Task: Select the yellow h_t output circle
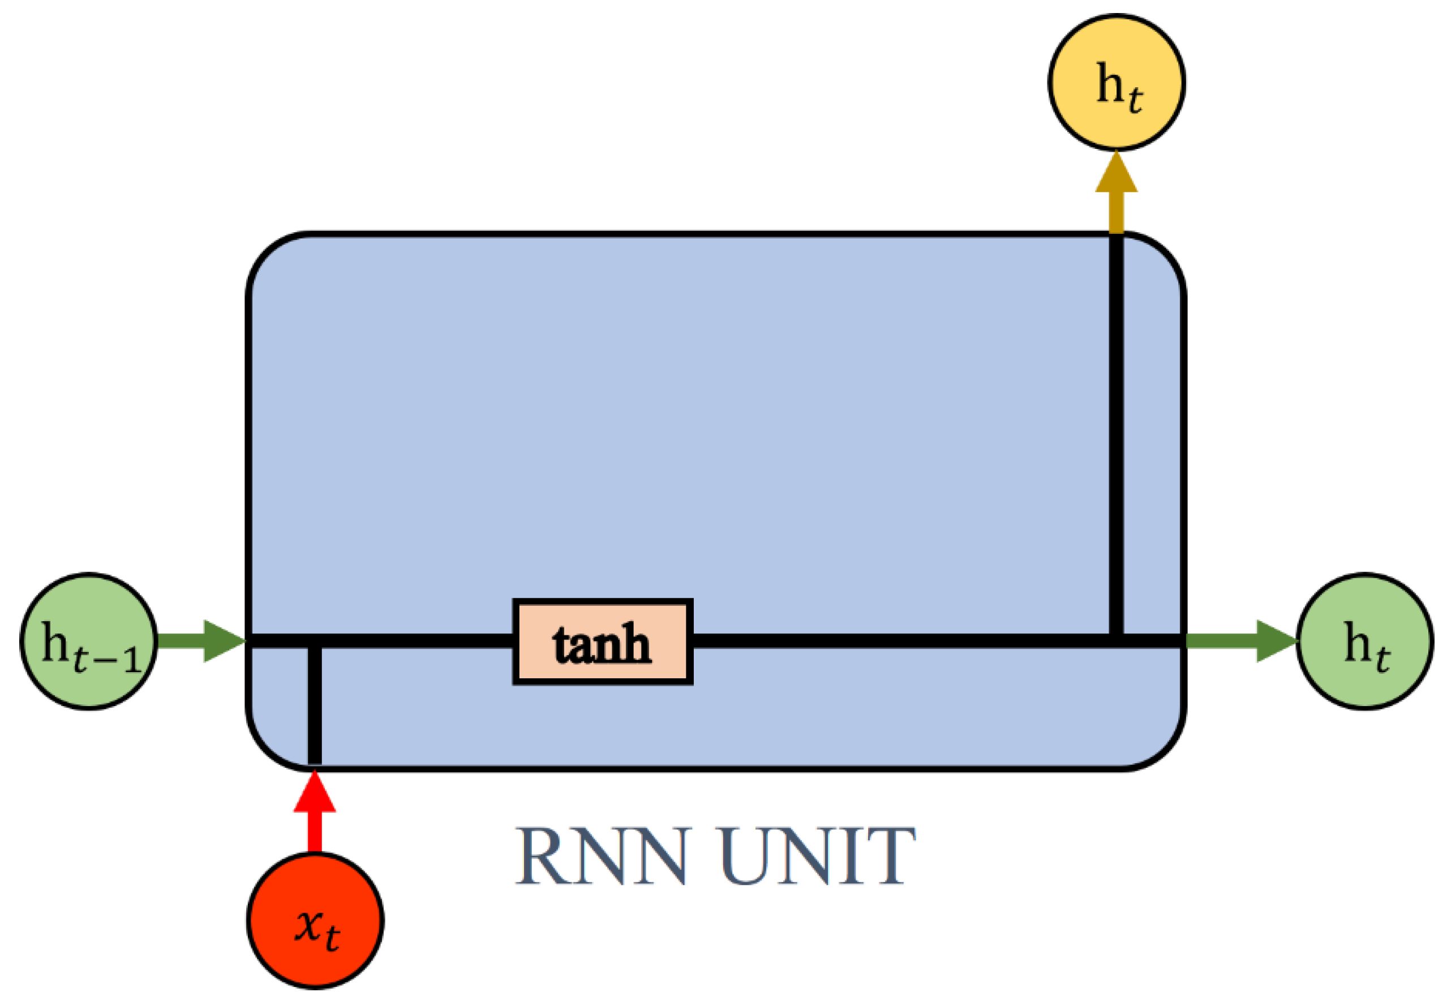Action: point(1116,83)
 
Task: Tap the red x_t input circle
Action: point(315,920)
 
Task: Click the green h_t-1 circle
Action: point(89,642)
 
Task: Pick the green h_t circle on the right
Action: point(1364,642)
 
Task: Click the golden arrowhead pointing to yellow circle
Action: point(1116,173)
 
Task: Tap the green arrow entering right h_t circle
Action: point(1240,641)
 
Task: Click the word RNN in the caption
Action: point(601,857)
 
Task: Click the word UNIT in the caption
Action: point(818,857)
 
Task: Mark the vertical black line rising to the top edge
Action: point(1116,434)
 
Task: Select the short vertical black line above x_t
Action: point(315,705)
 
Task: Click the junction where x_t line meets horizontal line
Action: point(315,641)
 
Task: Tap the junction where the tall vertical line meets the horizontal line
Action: point(1116,641)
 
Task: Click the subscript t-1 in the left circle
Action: point(106,658)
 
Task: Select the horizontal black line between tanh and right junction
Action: point(900,641)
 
